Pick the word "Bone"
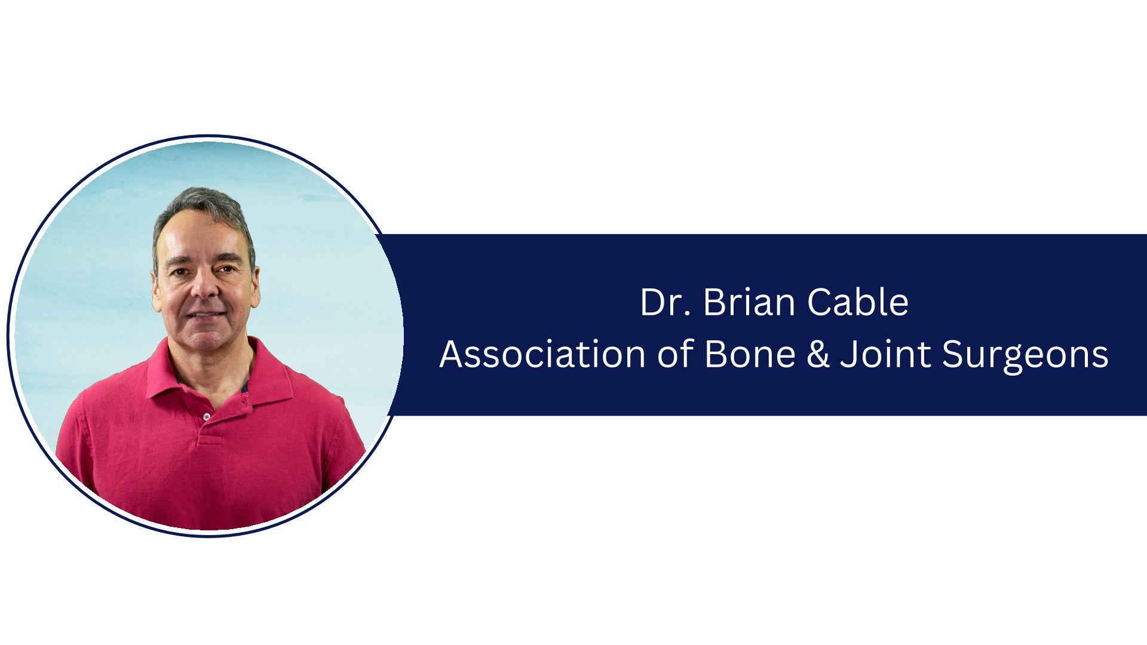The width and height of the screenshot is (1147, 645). [x=750, y=354]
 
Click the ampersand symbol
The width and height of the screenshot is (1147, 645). [x=818, y=354]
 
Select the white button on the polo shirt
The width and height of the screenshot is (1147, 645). [x=207, y=416]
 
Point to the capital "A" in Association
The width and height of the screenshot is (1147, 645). [x=452, y=354]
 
